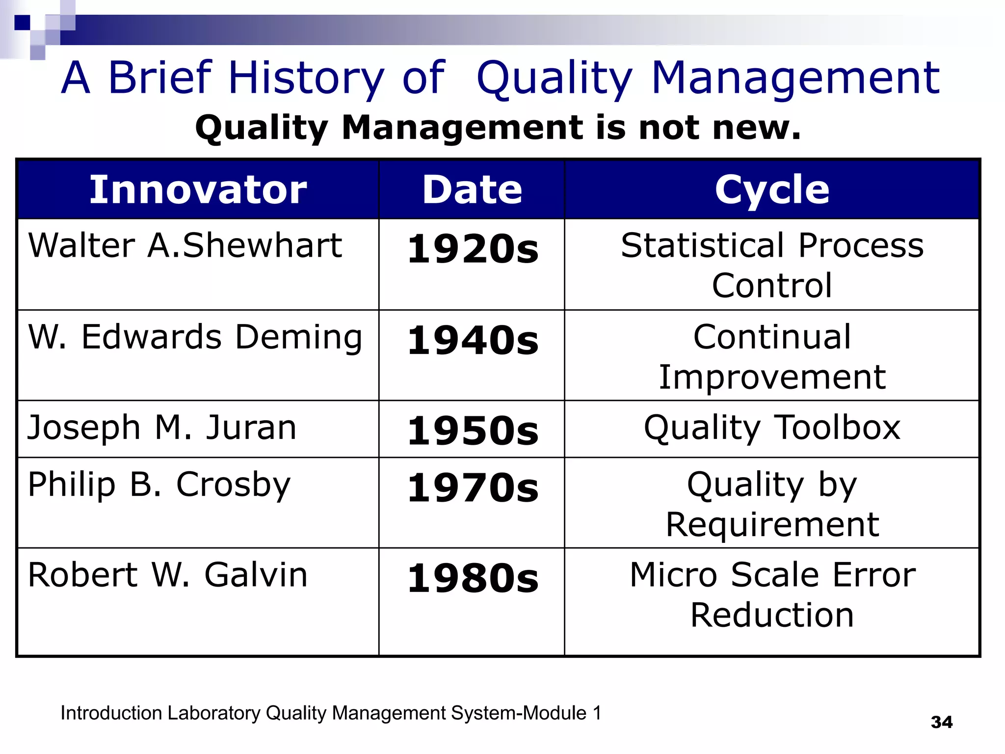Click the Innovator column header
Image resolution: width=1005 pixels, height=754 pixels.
198,189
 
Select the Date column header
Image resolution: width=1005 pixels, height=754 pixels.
472,189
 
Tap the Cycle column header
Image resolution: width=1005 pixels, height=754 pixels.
772,189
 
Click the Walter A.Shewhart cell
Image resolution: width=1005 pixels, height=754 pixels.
185,245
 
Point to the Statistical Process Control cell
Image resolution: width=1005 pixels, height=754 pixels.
772,265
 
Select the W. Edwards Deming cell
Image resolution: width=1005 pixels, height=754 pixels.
195,338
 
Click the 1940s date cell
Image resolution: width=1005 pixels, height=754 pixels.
473,341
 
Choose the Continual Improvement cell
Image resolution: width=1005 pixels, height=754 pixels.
772,356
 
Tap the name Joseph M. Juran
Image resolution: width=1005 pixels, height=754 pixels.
162,428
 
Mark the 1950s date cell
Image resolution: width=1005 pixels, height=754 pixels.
473,431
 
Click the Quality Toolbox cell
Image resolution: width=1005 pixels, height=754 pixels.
772,428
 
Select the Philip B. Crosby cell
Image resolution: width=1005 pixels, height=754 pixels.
159,485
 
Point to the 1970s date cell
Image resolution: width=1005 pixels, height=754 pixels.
473,488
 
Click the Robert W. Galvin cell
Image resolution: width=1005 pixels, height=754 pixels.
168,575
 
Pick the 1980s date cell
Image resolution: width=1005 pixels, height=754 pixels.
473,578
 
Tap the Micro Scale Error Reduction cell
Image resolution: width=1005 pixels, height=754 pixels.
772,594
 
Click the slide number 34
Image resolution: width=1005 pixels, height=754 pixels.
941,722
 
